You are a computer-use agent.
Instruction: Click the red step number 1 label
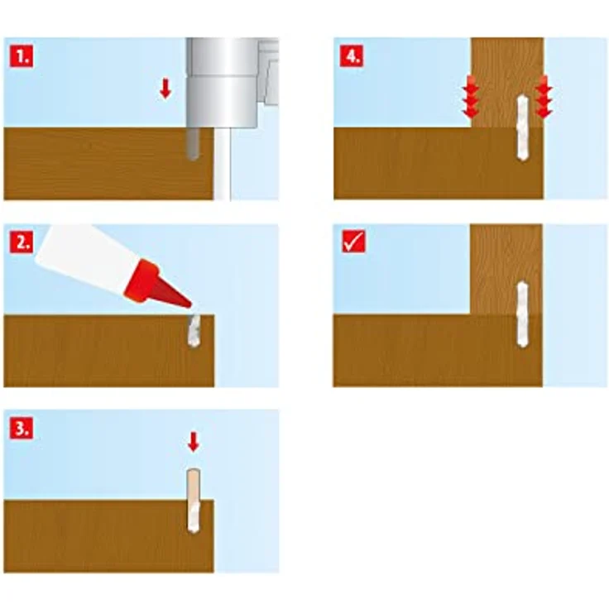point(22,56)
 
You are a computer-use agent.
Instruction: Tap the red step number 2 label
point(22,242)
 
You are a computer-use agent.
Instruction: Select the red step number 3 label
point(22,428)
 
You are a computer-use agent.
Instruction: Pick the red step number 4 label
point(352,56)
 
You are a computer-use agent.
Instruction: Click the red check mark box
point(354,242)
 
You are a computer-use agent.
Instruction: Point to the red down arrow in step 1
point(165,89)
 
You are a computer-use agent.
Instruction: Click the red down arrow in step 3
point(194,442)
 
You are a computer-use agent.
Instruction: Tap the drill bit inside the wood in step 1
point(194,144)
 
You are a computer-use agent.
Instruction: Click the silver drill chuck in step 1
point(222,83)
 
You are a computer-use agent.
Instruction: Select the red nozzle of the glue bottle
point(155,285)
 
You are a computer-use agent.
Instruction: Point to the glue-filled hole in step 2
point(194,330)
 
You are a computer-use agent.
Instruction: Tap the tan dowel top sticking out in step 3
point(194,487)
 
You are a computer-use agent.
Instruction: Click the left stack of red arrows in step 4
point(470,97)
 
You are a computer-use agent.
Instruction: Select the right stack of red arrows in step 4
point(544,97)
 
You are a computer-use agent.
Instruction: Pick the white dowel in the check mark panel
point(523,314)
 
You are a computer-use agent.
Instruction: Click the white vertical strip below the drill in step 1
point(222,165)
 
